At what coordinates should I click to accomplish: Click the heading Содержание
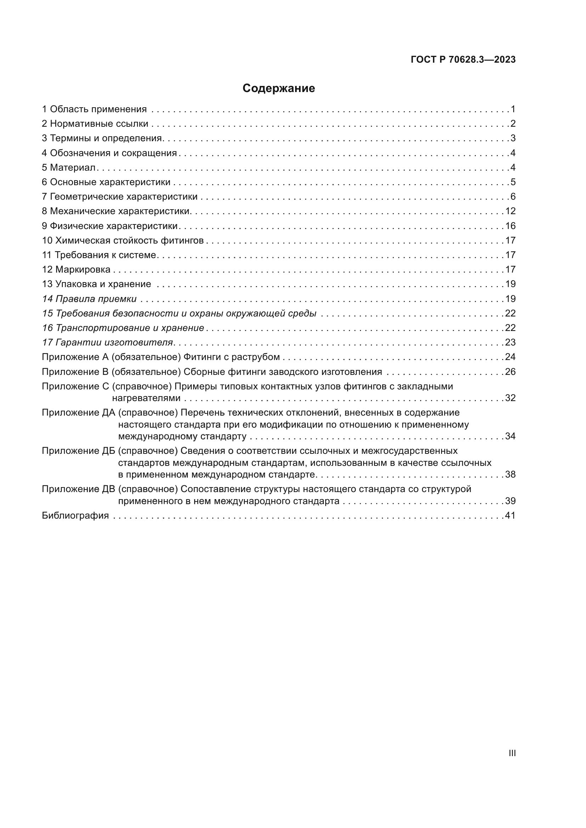pyautogui.click(x=278, y=88)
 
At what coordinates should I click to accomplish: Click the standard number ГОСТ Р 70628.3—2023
pyautogui.click(x=463, y=60)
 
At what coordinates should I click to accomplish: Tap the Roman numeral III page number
pyautogui.click(x=512, y=753)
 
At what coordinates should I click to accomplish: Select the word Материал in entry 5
pyautogui.click(x=73, y=167)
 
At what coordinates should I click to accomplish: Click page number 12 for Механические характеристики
pyautogui.click(x=510, y=211)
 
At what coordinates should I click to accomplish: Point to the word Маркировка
pyautogui.click(x=83, y=269)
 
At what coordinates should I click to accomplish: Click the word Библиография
pyautogui.click(x=75, y=515)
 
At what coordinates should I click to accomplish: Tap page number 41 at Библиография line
pyautogui.click(x=510, y=515)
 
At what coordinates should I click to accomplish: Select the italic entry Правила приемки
pyautogui.click(x=96, y=299)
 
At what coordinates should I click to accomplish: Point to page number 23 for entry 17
pyautogui.click(x=510, y=342)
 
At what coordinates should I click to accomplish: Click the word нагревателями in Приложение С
pyautogui.click(x=146, y=398)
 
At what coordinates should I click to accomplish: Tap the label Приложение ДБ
pyautogui.click(x=78, y=451)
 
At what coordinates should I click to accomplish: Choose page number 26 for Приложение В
pyautogui.click(x=510, y=371)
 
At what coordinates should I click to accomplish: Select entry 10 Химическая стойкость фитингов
pyautogui.click(x=123, y=240)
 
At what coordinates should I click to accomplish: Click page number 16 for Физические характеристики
pyautogui.click(x=510, y=226)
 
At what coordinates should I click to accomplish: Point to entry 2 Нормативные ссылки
pyautogui.click(x=95, y=124)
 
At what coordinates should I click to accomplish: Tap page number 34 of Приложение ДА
pyautogui.click(x=510, y=436)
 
